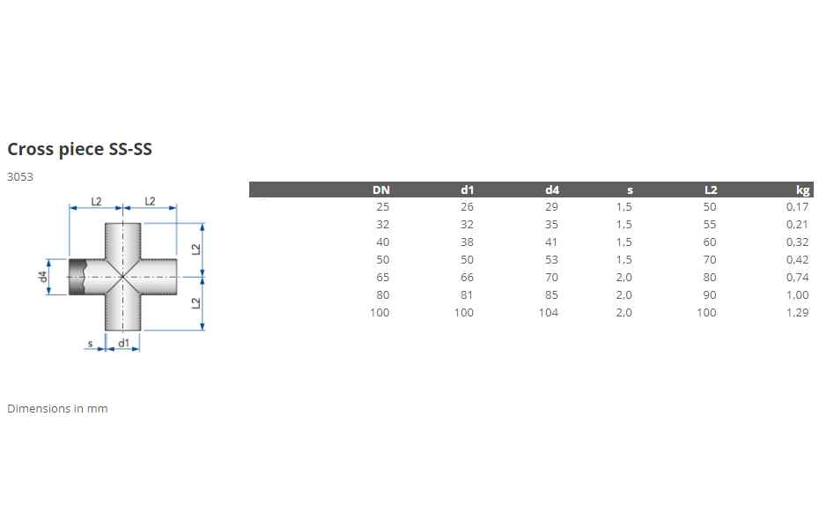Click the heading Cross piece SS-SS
tap(79, 149)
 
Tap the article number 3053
tap(20, 176)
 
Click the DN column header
tap(381, 190)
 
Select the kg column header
tap(803, 190)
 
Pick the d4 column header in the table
tap(552, 190)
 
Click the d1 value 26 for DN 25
tap(467, 207)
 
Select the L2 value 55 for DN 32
tap(709, 225)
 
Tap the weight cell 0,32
tap(797, 242)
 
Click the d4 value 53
tap(551, 260)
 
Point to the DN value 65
tap(383, 278)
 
